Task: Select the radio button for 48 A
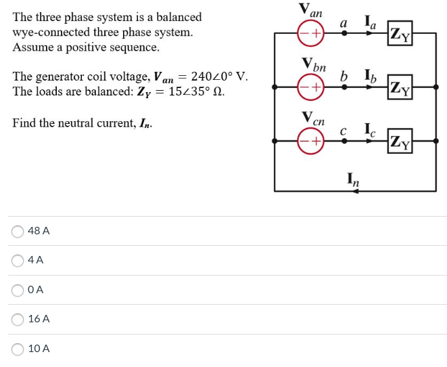coord(18,231)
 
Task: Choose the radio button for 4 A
coord(18,260)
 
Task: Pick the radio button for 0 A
coord(18,290)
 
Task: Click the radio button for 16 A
coord(18,319)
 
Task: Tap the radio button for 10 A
coord(18,349)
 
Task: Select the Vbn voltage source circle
coord(312,87)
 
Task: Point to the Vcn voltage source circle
coord(312,141)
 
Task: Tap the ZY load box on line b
coord(401,87)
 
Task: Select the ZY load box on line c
coord(401,142)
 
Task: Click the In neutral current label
coord(353,180)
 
